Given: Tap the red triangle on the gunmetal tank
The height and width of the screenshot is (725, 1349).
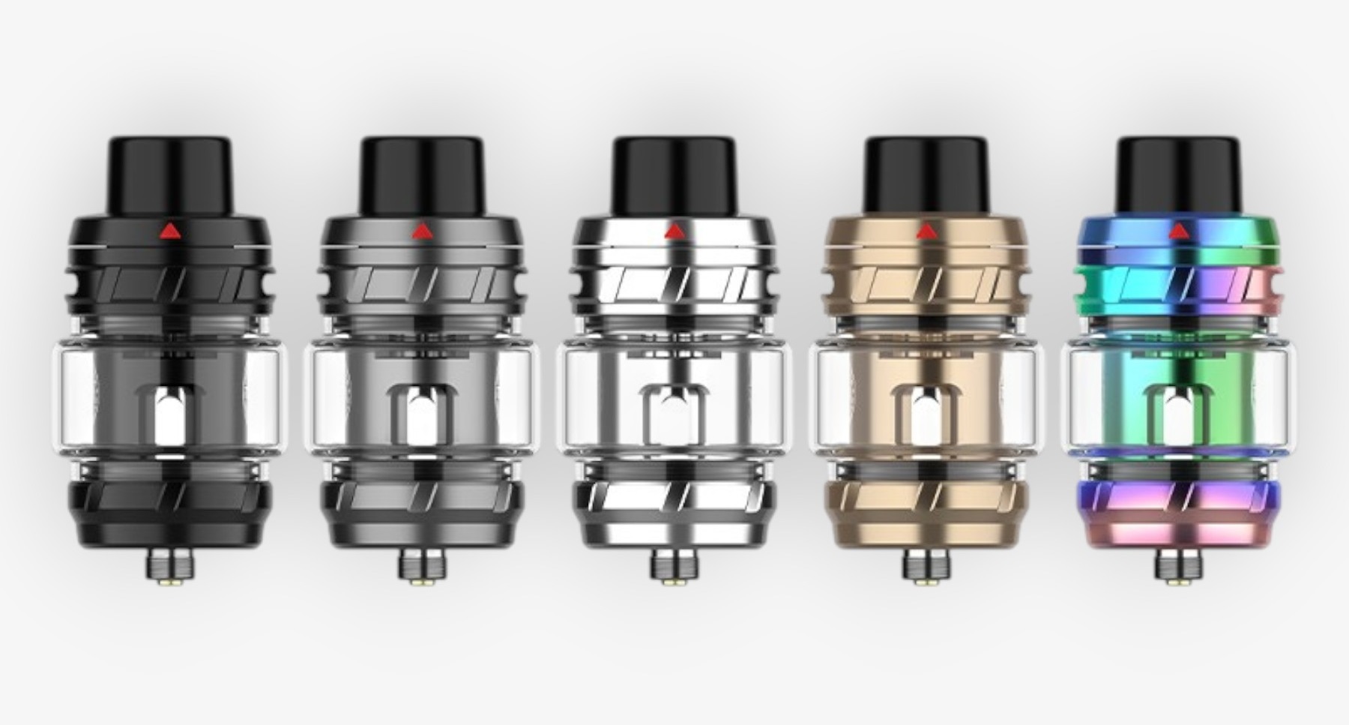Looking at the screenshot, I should coord(421,231).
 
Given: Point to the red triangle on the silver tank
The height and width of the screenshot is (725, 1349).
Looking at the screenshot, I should coord(674,231).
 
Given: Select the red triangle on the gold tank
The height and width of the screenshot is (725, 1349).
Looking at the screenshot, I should coord(926,231).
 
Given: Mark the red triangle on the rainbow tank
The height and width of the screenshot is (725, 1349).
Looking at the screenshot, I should coord(1178,231).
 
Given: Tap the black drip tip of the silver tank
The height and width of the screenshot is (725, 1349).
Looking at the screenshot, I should coord(674,176).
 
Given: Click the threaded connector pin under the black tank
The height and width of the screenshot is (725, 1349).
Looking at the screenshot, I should coord(169,568).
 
